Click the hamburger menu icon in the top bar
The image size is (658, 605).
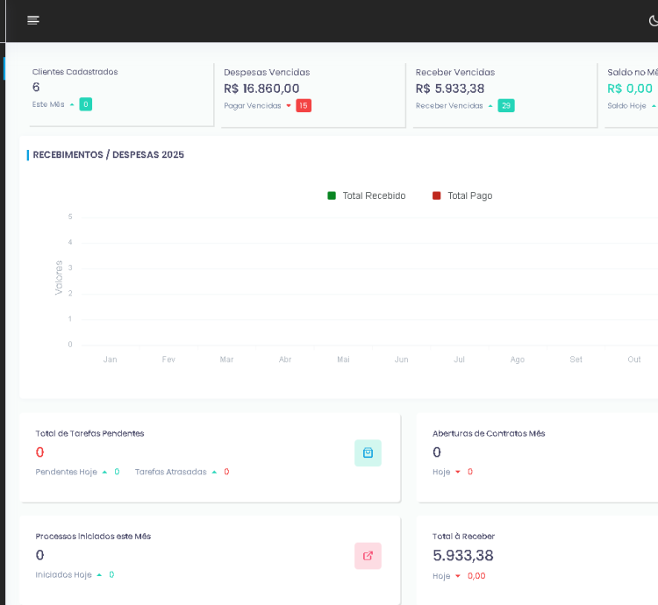tap(33, 20)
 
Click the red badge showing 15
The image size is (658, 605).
tap(304, 105)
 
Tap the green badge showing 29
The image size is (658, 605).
tap(506, 105)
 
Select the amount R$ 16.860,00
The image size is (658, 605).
tap(261, 89)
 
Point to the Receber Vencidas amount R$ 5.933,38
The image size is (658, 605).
tap(450, 89)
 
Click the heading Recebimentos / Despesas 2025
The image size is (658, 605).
tap(108, 155)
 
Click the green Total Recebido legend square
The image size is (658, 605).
tap(332, 196)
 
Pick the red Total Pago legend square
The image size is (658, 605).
tap(437, 196)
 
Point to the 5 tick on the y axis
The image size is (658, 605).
tap(70, 217)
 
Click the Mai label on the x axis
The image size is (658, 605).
tap(343, 359)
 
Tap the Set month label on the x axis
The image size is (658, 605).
tap(576, 359)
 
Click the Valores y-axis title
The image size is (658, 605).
tap(59, 277)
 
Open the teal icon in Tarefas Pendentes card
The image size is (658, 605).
tap(368, 452)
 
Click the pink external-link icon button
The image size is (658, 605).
tap(368, 555)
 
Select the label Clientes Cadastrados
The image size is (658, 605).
tap(75, 72)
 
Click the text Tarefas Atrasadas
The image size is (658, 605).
tap(170, 472)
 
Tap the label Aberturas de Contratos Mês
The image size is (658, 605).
tap(489, 433)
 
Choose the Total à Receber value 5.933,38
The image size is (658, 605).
tap(463, 555)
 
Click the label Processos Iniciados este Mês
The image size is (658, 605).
tap(93, 536)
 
